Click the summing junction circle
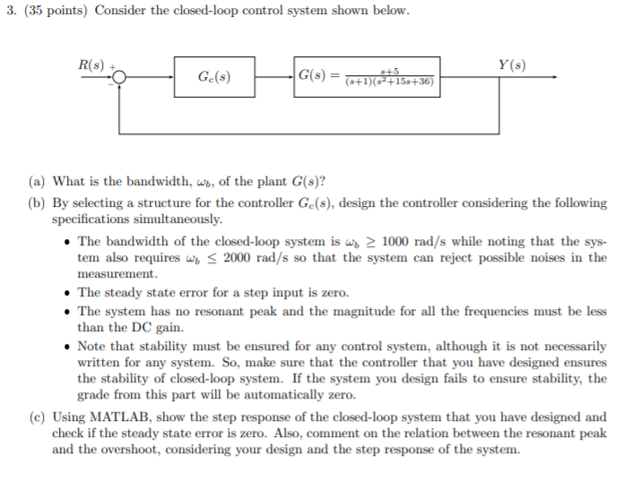click(119, 79)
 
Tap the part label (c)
click(39, 417)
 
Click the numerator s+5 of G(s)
click(389, 71)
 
